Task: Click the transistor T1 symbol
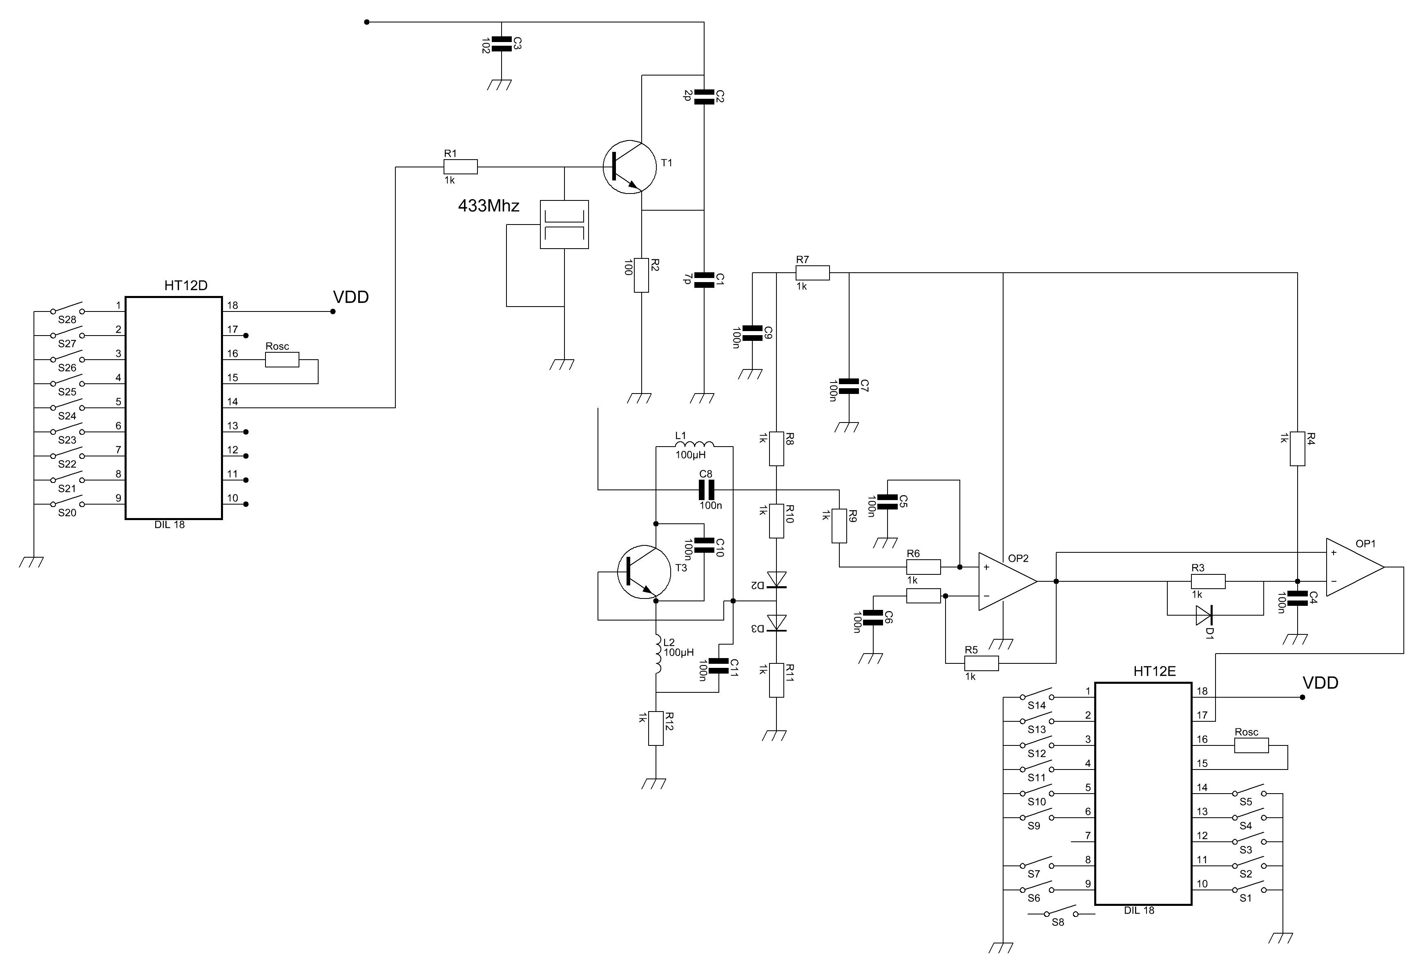[x=629, y=167]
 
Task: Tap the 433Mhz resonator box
[x=564, y=225]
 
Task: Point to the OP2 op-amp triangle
[x=1007, y=581]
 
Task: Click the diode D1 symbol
[x=1204, y=615]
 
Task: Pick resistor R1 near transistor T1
[x=460, y=167]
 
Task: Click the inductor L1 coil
[x=694, y=445]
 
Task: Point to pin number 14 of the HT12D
[x=233, y=402]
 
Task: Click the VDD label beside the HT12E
[x=1320, y=683]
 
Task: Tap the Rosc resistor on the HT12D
[x=282, y=360]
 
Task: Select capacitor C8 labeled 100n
[x=707, y=489]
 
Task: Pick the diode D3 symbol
[x=776, y=623]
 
